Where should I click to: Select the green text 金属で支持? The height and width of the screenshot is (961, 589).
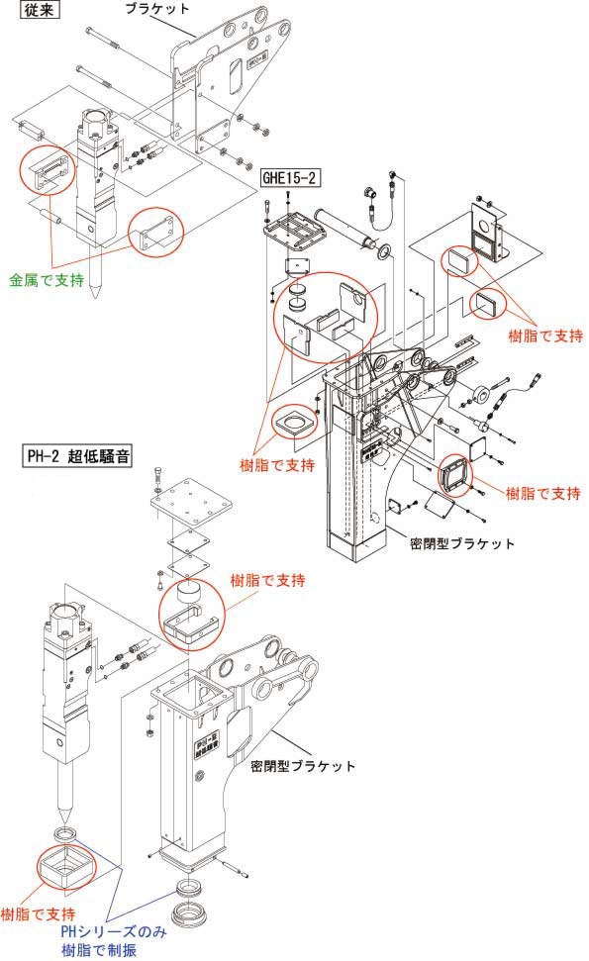(x=47, y=280)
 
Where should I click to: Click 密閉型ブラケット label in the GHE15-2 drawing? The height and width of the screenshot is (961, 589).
(x=461, y=543)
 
